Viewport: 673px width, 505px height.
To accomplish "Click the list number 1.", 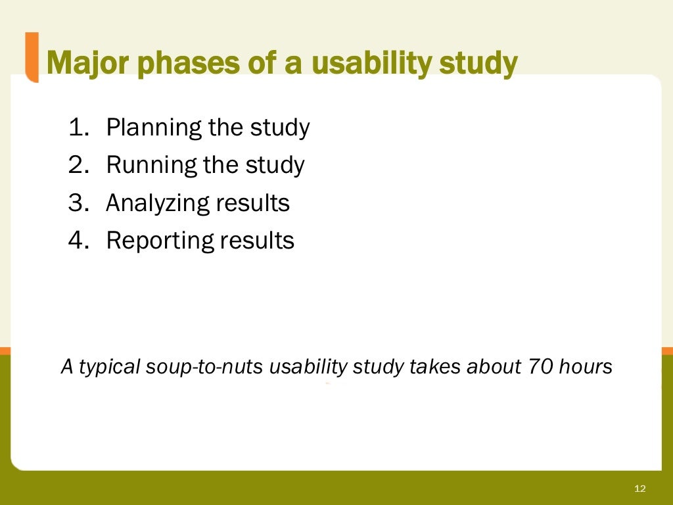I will coord(78,127).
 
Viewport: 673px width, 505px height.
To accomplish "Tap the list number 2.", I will coord(78,164).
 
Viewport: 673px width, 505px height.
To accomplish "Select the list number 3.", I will coord(78,203).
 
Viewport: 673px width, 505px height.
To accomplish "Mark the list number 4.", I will coord(78,240).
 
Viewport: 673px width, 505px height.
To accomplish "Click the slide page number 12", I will coord(640,489).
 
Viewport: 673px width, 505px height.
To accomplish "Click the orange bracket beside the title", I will coord(31,57).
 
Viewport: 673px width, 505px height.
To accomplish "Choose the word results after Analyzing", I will coord(252,203).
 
